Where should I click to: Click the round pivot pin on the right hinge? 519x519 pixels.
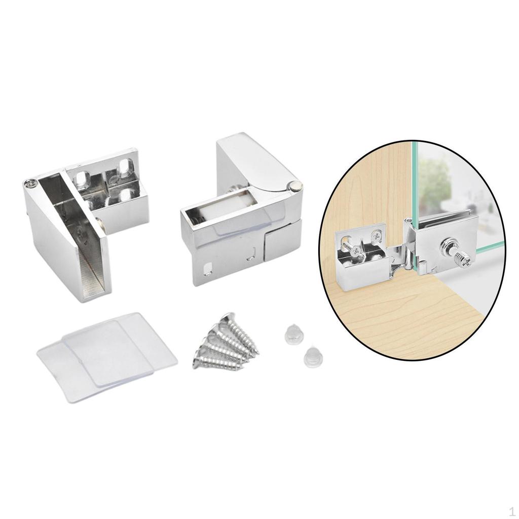(x=294, y=187)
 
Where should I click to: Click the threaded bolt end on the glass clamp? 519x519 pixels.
(x=464, y=259)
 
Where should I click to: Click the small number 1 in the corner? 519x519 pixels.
(x=512, y=510)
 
